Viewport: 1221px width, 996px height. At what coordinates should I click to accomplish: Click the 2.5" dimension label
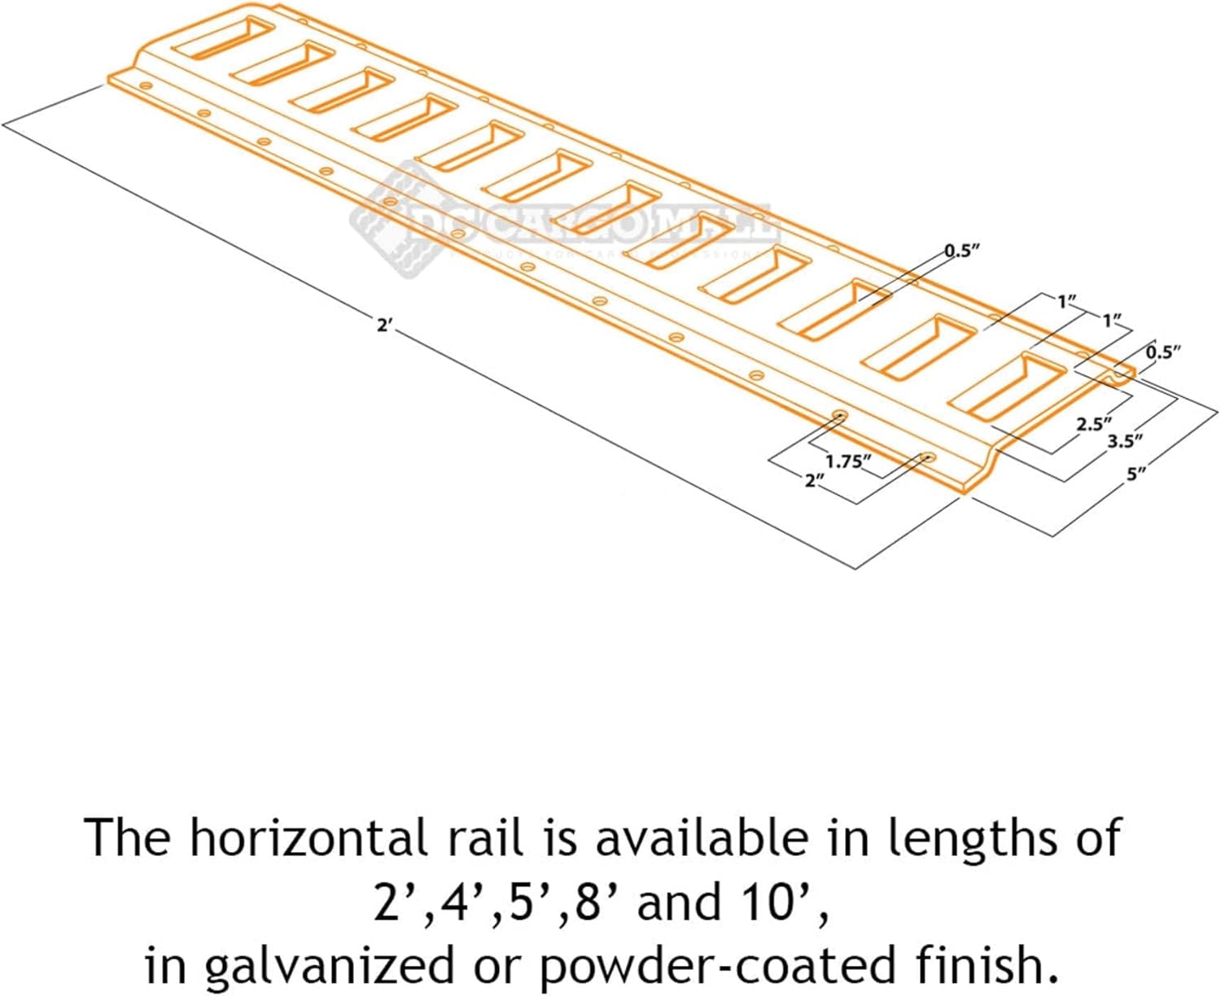point(1093,424)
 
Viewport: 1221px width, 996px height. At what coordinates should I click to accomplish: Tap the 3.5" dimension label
point(1125,441)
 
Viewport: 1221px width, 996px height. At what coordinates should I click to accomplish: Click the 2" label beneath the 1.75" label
point(814,481)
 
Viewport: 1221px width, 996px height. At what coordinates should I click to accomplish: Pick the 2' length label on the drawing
point(384,325)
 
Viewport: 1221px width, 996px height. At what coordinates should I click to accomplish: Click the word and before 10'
point(679,902)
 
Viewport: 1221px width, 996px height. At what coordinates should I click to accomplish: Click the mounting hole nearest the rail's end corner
point(926,457)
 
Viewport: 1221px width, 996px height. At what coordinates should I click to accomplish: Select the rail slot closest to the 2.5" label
point(1008,387)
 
